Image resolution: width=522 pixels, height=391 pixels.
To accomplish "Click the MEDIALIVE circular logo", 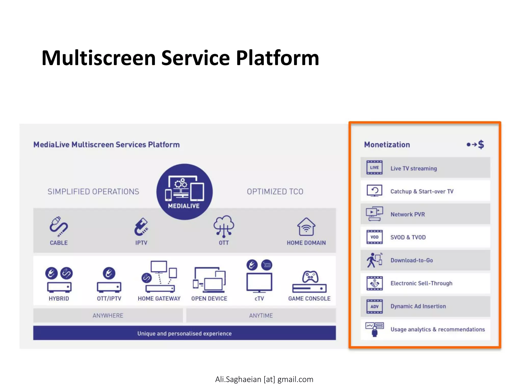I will (x=185, y=192).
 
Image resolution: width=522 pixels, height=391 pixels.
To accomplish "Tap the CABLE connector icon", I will (x=59, y=226).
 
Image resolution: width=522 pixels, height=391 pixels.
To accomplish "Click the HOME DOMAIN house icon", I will (x=306, y=227).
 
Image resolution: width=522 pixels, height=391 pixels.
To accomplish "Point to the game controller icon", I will (x=310, y=277).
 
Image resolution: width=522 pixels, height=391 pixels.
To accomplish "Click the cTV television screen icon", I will (x=259, y=282).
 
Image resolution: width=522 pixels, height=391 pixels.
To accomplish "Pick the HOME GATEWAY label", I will (x=159, y=299).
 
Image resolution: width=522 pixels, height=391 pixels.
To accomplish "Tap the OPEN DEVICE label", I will (x=209, y=299).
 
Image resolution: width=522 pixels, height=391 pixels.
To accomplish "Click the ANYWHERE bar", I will (x=108, y=316).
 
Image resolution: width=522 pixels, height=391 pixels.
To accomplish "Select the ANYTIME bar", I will (x=261, y=316).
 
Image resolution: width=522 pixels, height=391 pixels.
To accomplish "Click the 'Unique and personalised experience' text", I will (x=185, y=333).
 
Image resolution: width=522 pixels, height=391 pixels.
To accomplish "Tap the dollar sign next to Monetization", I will (x=481, y=145).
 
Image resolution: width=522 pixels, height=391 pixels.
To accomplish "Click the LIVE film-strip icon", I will (x=374, y=167).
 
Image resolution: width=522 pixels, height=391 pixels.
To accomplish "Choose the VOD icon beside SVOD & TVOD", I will (x=374, y=237).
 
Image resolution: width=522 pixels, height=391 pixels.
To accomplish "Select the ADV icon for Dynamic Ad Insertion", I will (x=374, y=306).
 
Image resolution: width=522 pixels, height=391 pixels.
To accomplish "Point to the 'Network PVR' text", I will (x=408, y=214).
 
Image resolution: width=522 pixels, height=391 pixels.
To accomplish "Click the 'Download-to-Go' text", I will (x=412, y=260).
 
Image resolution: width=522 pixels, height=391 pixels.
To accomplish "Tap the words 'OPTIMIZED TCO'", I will (x=275, y=192).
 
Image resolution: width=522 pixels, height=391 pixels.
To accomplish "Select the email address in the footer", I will (x=264, y=379).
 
